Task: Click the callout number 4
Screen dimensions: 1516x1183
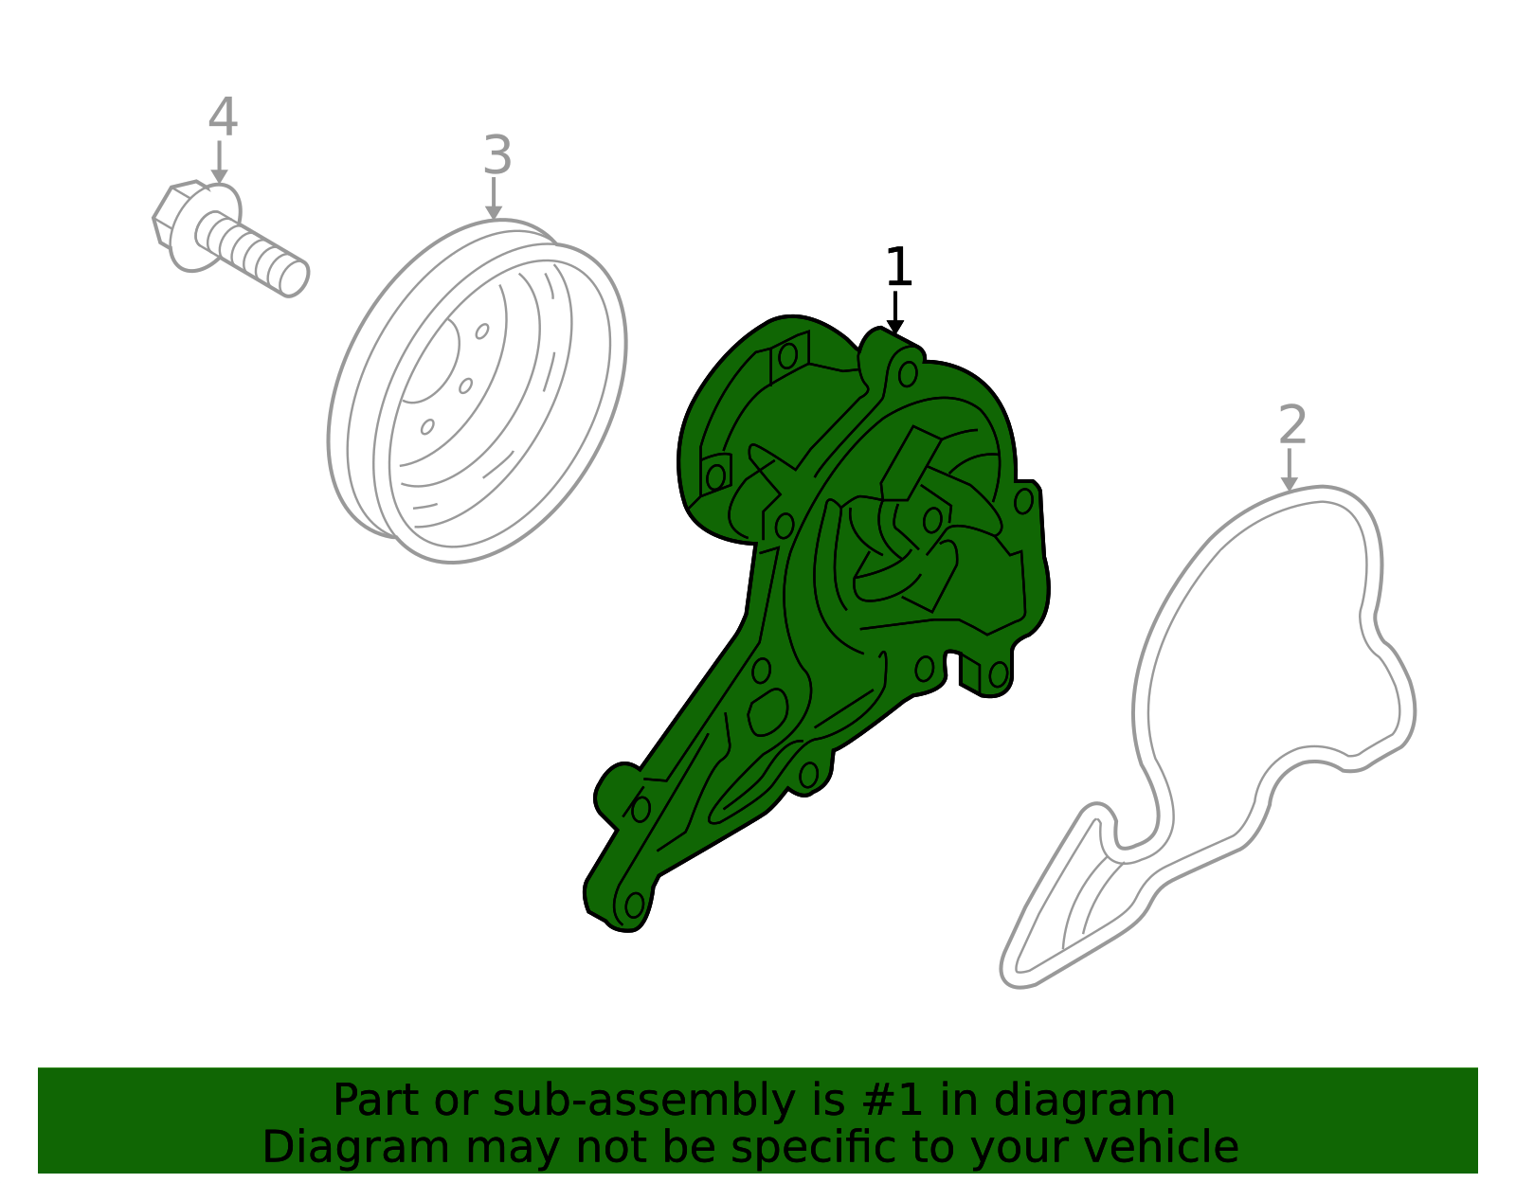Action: click(223, 117)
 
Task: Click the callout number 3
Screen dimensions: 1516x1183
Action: click(497, 154)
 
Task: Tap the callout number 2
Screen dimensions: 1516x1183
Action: click(1292, 424)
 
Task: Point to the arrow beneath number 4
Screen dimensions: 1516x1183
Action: click(219, 162)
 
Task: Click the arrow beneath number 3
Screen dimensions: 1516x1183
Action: click(494, 199)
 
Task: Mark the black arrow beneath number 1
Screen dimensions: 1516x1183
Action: click(895, 313)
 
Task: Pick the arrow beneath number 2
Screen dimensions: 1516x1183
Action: click(1290, 470)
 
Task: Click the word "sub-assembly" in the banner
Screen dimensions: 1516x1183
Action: click(643, 1100)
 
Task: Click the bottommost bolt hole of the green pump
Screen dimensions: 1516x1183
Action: click(634, 905)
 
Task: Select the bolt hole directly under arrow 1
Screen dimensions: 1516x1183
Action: click(908, 374)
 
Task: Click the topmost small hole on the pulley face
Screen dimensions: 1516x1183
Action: click(482, 332)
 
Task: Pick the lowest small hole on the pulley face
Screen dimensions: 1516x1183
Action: click(427, 426)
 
